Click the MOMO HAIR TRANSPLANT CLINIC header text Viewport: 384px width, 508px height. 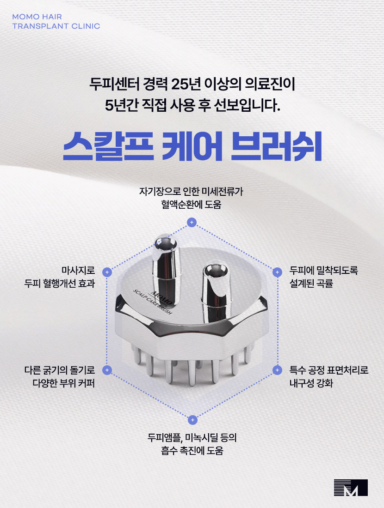point(56,21)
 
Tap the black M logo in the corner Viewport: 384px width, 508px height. point(351,488)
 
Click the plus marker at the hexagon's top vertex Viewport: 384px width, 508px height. point(192,223)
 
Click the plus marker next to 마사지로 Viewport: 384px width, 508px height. point(107,272)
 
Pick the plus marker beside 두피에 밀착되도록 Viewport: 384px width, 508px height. point(277,272)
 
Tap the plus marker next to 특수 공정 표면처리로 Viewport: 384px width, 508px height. point(277,370)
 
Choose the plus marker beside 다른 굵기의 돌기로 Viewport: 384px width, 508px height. point(107,370)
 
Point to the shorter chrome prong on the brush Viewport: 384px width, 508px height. point(215,286)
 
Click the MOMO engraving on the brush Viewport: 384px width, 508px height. point(161,296)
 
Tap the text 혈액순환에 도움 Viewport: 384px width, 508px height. point(191,204)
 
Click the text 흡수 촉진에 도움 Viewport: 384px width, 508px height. point(192,451)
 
